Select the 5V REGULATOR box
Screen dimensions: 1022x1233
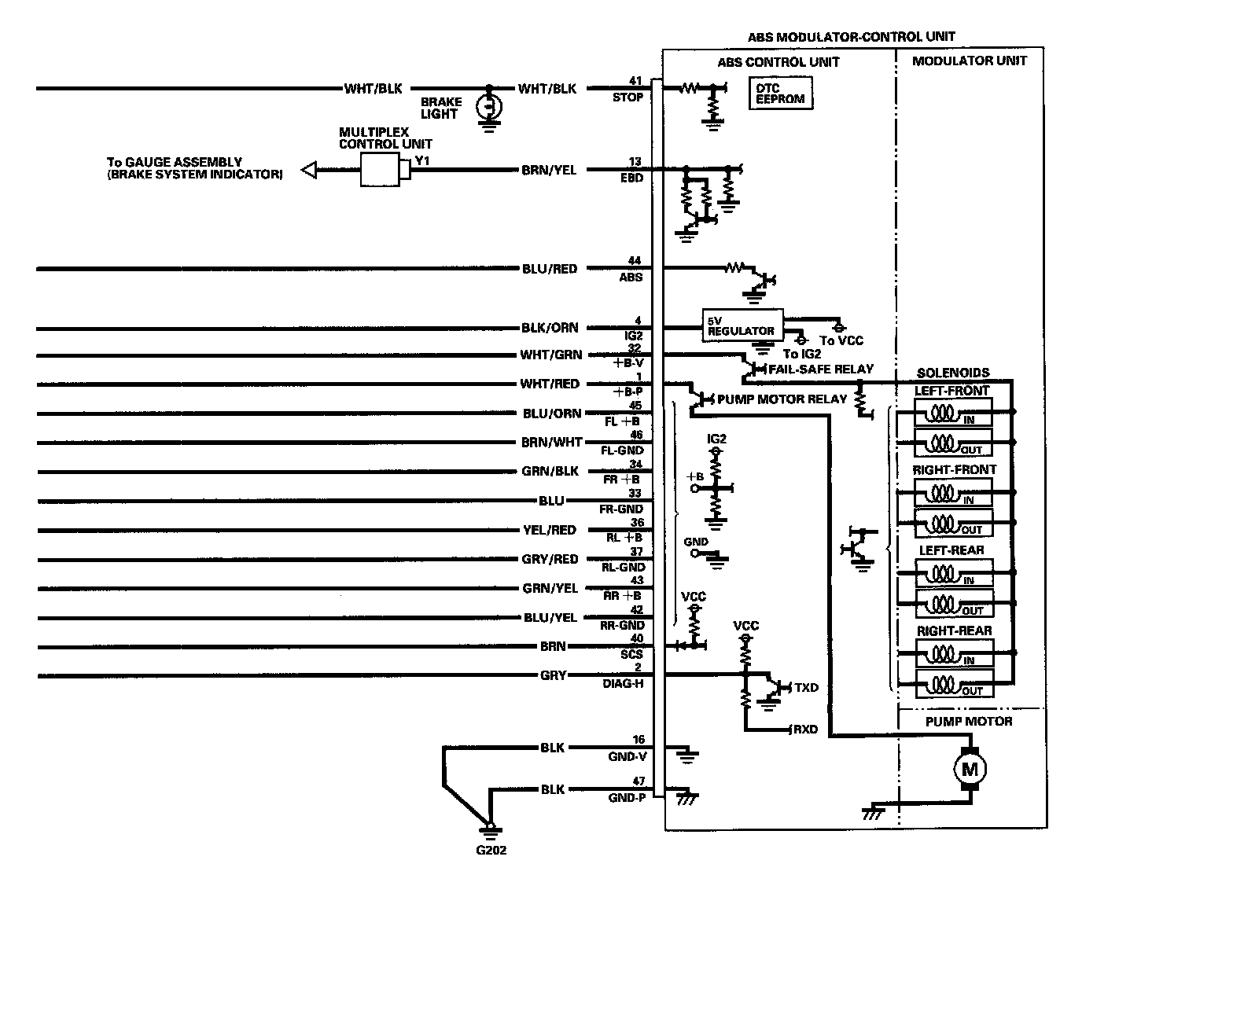coord(742,325)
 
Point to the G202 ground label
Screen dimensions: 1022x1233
coord(491,850)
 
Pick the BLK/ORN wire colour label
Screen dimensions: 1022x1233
coord(549,328)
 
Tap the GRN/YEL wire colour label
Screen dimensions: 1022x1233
coord(550,588)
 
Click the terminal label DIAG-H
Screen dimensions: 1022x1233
coord(623,683)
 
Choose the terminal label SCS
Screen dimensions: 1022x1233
coord(631,654)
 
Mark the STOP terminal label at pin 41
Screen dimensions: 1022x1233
coord(628,97)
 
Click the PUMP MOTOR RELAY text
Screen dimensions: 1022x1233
coord(782,399)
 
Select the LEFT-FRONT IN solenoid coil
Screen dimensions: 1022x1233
coord(941,413)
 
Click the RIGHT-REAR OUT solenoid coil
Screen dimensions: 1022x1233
coord(941,683)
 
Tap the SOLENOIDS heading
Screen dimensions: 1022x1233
coord(953,373)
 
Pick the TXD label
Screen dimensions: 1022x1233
coord(806,688)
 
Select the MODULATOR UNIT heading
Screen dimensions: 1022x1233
coord(969,61)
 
